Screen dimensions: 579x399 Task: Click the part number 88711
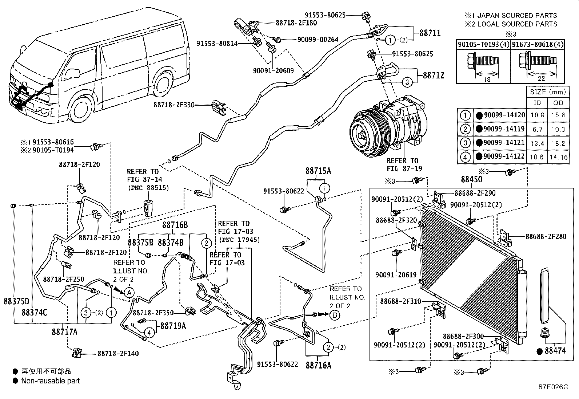click(430, 33)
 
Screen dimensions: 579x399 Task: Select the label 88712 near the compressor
click(434, 76)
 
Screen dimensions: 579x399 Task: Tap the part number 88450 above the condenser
click(472, 179)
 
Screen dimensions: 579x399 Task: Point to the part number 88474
click(555, 351)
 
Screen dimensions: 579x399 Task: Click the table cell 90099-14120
click(504, 115)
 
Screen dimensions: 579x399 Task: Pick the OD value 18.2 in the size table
click(558, 143)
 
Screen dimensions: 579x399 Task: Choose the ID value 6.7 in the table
click(538, 129)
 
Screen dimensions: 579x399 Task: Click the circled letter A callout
click(129, 293)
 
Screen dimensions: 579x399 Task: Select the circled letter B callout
click(335, 315)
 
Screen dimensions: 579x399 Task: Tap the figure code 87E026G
click(554, 387)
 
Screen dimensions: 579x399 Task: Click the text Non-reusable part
click(51, 381)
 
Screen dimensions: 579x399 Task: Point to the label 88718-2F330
click(174, 105)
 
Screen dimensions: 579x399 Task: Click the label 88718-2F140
click(118, 353)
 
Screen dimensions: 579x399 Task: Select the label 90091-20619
click(396, 274)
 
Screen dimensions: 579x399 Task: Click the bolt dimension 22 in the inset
click(541, 78)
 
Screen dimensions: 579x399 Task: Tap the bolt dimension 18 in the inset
click(487, 79)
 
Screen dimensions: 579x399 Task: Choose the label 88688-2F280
click(546, 236)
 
